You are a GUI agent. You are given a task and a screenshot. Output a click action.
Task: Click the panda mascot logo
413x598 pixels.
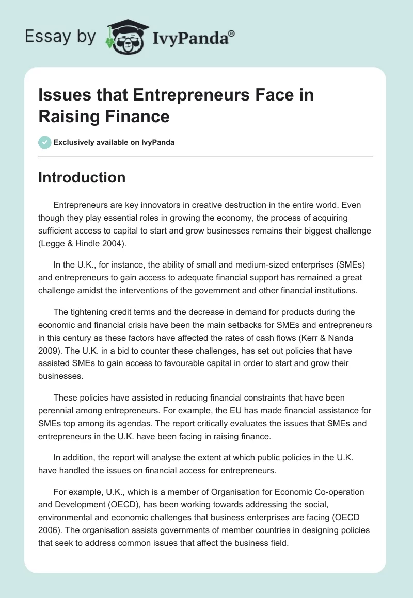tap(122, 37)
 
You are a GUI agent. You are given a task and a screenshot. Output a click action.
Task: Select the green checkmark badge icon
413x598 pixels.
tap(45, 142)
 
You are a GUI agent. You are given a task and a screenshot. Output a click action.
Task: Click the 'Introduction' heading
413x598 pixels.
tap(82, 177)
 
